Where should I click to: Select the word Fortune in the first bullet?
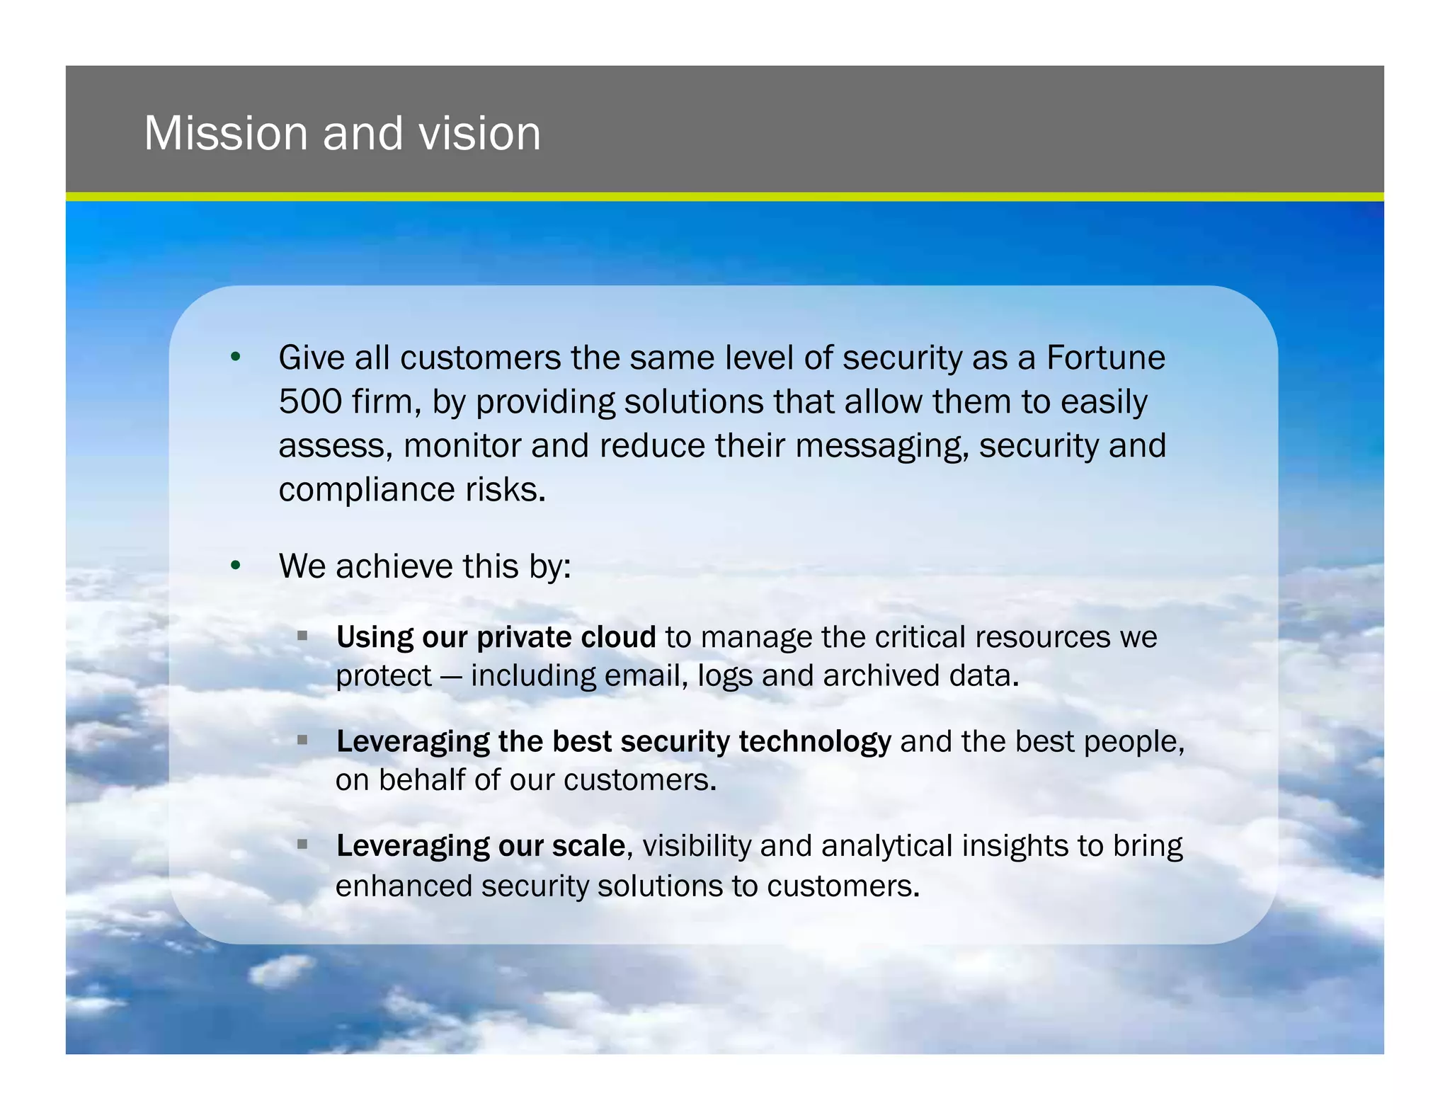pos(1105,358)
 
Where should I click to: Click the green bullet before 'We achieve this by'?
pos(236,565)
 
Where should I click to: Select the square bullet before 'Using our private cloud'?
pos(302,636)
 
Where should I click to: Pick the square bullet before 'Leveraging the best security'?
pos(302,740)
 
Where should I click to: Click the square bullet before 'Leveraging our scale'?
pos(302,844)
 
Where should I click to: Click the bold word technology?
pos(814,742)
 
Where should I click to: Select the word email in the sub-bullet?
pos(646,675)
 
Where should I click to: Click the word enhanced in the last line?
pos(404,886)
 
